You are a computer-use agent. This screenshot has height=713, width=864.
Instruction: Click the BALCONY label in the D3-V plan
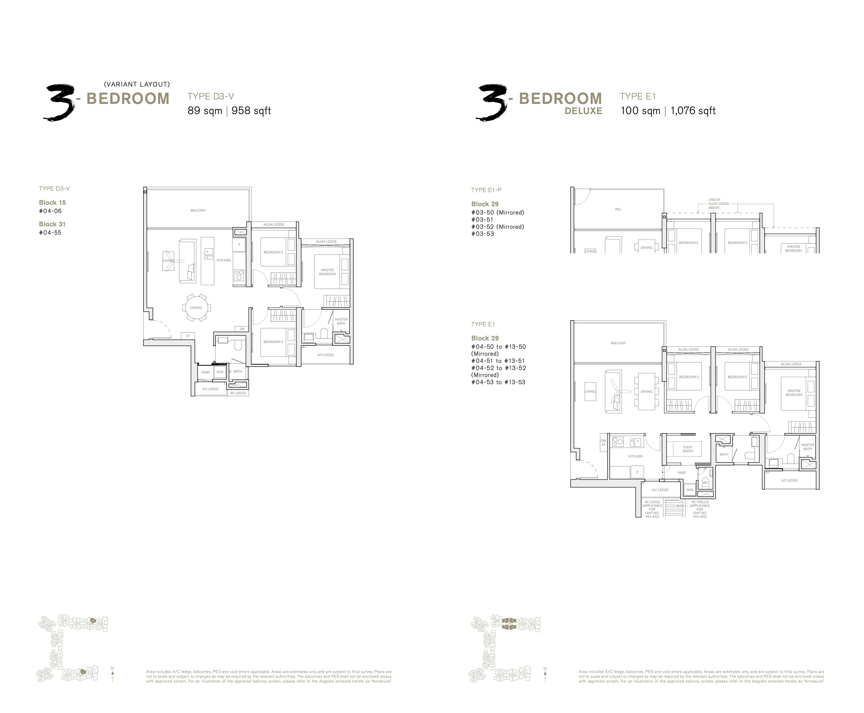pyautogui.click(x=198, y=210)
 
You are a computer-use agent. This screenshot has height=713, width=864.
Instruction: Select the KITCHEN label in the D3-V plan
pyautogui.click(x=224, y=260)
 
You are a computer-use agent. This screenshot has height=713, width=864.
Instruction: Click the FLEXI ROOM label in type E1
pyautogui.click(x=688, y=449)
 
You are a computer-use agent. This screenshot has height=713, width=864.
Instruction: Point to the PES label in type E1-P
pyautogui.click(x=618, y=209)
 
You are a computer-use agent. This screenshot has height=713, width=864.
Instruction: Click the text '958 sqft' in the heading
pyautogui.click(x=251, y=111)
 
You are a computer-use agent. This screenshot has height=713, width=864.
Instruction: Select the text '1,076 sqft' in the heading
pyautogui.click(x=693, y=111)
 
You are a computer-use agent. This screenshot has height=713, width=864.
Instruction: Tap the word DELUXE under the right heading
pyautogui.click(x=583, y=111)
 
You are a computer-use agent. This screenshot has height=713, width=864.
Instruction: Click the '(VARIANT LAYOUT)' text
pyautogui.click(x=137, y=84)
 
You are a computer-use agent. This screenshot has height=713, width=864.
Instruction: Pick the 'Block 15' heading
pyautogui.click(x=52, y=203)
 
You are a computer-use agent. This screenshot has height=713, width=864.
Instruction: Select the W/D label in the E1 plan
pyautogui.click(x=690, y=490)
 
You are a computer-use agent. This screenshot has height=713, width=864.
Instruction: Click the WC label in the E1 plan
pyautogui.click(x=705, y=483)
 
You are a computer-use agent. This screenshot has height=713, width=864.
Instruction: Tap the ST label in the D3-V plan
pyautogui.click(x=188, y=336)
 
